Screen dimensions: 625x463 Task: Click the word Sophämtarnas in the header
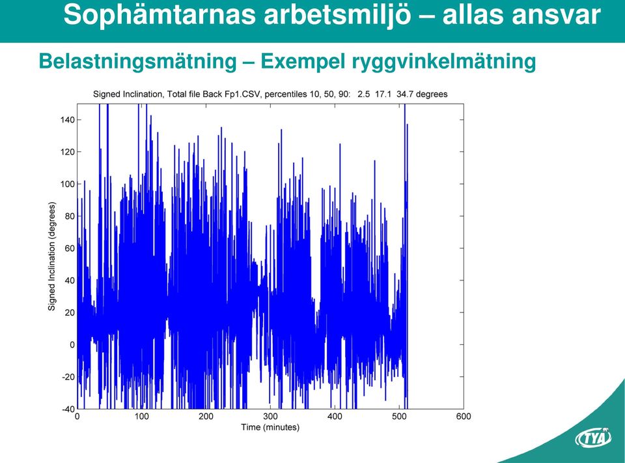(160, 15)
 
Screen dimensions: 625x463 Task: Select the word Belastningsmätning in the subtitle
(138, 62)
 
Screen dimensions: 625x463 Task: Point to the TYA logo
(593, 438)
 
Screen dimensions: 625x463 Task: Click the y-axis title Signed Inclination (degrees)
(51, 256)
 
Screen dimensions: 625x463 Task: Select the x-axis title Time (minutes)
(270, 428)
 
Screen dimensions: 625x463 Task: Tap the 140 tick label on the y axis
(67, 120)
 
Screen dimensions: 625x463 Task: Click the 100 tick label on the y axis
(67, 184)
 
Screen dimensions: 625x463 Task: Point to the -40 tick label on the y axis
(68, 409)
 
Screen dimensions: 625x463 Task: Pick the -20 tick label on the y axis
(68, 377)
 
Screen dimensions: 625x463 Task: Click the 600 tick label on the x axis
(464, 416)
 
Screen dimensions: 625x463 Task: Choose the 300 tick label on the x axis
(270, 416)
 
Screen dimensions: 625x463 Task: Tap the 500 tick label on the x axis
(399, 416)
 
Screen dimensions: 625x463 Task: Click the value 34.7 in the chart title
(404, 94)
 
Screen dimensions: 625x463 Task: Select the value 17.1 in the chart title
(383, 94)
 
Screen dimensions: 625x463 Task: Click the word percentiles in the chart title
(285, 94)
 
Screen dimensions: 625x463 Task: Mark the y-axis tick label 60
(70, 248)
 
